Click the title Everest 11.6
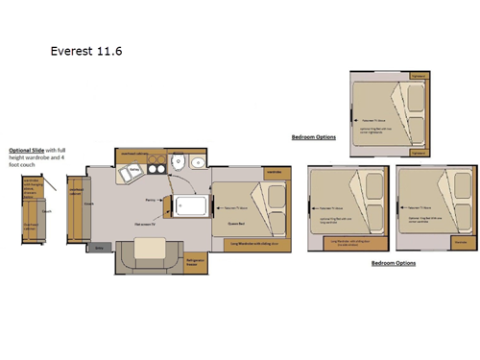85,45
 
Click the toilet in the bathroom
179,162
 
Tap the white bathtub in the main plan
192,204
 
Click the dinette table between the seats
149,249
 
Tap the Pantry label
151,200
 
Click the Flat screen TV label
146,223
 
